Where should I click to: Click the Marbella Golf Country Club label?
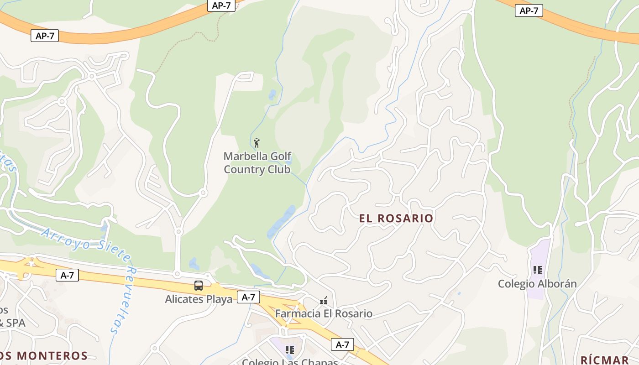(x=257, y=163)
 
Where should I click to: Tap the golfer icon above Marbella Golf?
(x=257, y=143)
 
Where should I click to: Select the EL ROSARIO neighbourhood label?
(x=396, y=218)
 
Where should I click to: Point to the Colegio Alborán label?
(x=537, y=284)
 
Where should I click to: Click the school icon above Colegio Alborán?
(x=538, y=270)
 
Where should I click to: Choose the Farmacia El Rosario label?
(x=324, y=314)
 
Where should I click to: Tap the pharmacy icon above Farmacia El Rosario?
(x=324, y=301)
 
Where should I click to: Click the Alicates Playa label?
(x=199, y=300)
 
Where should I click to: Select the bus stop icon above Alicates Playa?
(x=199, y=286)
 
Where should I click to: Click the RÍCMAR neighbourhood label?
(x=604, y=359)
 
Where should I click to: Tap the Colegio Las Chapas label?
(x=290, y=362)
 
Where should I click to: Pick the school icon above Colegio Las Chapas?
(x=290, y=350)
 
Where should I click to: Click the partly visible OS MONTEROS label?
(x=44, y=355)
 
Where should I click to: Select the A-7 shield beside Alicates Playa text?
(x=248, y=297)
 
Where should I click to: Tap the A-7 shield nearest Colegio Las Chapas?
(x=342, y=344)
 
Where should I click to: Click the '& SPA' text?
(x=13, y=323)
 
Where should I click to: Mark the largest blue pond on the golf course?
(x=282, y=221)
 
